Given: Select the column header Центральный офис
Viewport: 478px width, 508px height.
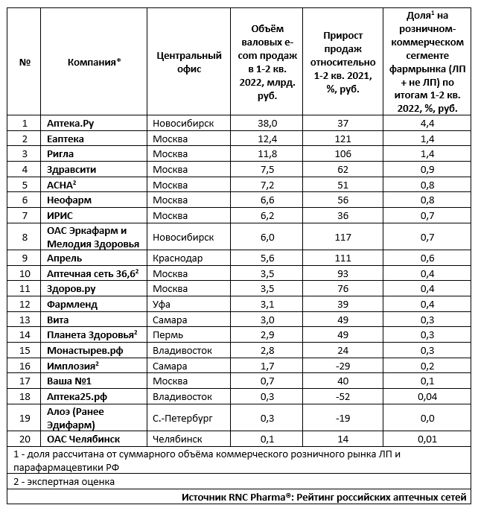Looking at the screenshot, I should click(190, 62).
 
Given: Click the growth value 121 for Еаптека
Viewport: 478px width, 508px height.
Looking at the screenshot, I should click(342, 139).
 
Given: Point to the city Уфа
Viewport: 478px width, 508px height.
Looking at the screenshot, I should click(161, 304).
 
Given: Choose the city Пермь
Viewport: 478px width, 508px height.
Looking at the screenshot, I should click(168, 334).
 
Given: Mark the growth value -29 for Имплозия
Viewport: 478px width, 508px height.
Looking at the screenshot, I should click(342, 365).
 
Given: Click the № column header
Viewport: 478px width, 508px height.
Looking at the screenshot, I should click(25, 62).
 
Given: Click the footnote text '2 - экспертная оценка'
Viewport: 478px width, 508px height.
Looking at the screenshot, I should click(63, 481).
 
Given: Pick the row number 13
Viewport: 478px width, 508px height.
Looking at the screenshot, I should click(25, 320).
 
